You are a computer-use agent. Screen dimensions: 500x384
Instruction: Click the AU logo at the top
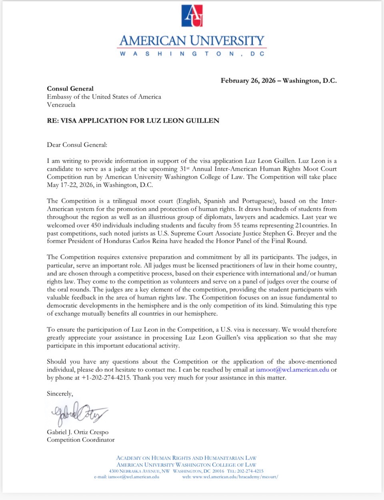click(x=192, y=16)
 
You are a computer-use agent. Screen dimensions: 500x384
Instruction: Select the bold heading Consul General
click(x=70, y=89)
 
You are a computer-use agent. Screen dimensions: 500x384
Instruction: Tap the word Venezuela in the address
click(x=61, y=105)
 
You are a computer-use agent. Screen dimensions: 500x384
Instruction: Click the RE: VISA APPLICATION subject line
click(x=133, y=121)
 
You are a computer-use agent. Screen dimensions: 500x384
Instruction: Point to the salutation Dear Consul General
click(x=77, y=145)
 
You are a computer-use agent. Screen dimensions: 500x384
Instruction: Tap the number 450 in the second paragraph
click(x=96, y=225)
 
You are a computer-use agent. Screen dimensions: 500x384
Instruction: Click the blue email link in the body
click(x=292, y=369)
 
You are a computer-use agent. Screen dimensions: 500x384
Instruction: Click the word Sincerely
click(x=60, y=393)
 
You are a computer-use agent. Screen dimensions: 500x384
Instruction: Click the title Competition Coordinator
click(x=80, y=440)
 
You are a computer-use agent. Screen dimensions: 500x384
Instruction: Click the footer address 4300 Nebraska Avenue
click(x=139, y=471)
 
